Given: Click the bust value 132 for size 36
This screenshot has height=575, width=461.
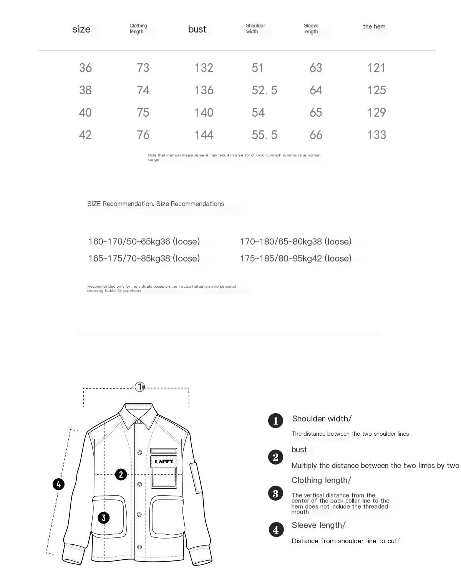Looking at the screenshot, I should [x=204, y=68].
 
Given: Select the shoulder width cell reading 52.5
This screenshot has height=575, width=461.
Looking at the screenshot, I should [x=264, y=90].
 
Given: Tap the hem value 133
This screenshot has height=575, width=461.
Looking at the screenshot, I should [x=376, y=135].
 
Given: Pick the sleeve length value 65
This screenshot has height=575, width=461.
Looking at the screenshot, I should [x=316, y=112].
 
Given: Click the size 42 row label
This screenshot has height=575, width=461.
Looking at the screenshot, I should [x=85, y=135].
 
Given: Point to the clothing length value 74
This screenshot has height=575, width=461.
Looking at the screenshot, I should [x=143, y=90].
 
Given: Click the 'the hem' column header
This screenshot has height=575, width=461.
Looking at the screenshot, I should [x=374, y=26].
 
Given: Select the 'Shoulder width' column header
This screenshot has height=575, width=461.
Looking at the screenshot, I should [x=255, y=28].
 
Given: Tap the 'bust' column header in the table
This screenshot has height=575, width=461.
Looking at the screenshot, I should [x=197, y=29].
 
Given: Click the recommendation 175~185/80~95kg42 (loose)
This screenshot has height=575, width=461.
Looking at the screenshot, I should [x=295, y=259].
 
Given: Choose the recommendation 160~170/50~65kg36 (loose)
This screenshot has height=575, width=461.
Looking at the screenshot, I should [x=144, y=242].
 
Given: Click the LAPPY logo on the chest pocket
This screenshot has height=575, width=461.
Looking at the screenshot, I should [x=164, y=461].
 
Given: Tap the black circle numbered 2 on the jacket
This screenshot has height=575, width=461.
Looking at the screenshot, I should [x=121, y=474].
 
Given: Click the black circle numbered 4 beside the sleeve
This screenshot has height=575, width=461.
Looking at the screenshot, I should [x=58, y=484].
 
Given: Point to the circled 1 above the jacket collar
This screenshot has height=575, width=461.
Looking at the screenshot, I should [x=140, y=387].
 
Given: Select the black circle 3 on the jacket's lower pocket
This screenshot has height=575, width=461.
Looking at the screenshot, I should [x=104, y=518].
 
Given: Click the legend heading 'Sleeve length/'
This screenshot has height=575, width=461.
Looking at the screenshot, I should [x=318, y=525].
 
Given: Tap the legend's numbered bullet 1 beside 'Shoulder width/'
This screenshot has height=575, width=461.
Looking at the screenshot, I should [x=275, y=421].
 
